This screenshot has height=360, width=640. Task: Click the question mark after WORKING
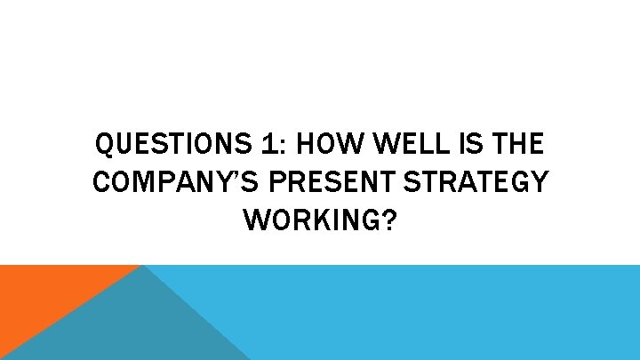388,222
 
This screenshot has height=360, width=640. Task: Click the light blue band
444,311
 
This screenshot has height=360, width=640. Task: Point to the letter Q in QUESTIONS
103,142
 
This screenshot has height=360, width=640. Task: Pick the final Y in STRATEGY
539,182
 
